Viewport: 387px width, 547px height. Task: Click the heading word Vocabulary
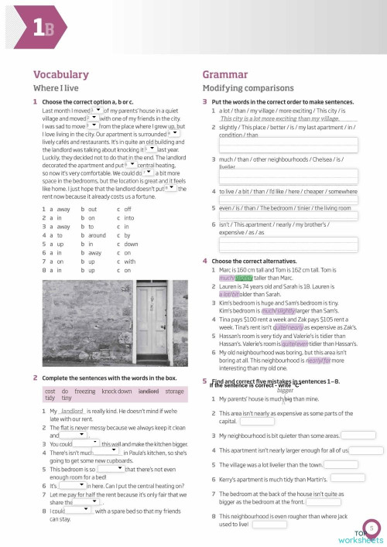(x=60, y=75)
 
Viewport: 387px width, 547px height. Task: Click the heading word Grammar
(x=225, y=75)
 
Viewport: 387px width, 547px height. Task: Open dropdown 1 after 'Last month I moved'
(x=96, y=110)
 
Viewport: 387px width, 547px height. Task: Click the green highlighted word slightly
(x=245, y=277)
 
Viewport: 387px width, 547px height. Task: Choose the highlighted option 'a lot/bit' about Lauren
(x=230, y=294)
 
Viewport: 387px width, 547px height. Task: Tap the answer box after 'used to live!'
(x=269, y=524)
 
